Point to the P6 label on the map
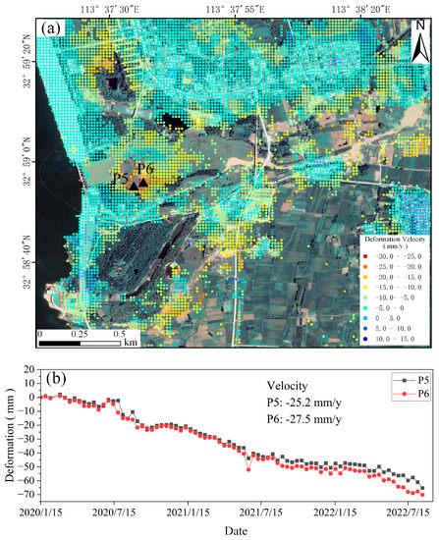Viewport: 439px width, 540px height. pyautogui.click(x=145, y=169)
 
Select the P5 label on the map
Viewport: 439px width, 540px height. pyautogui.click(x=121, y=180)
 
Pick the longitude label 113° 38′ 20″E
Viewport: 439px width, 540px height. pyautogui.click(x=362, y=9)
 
